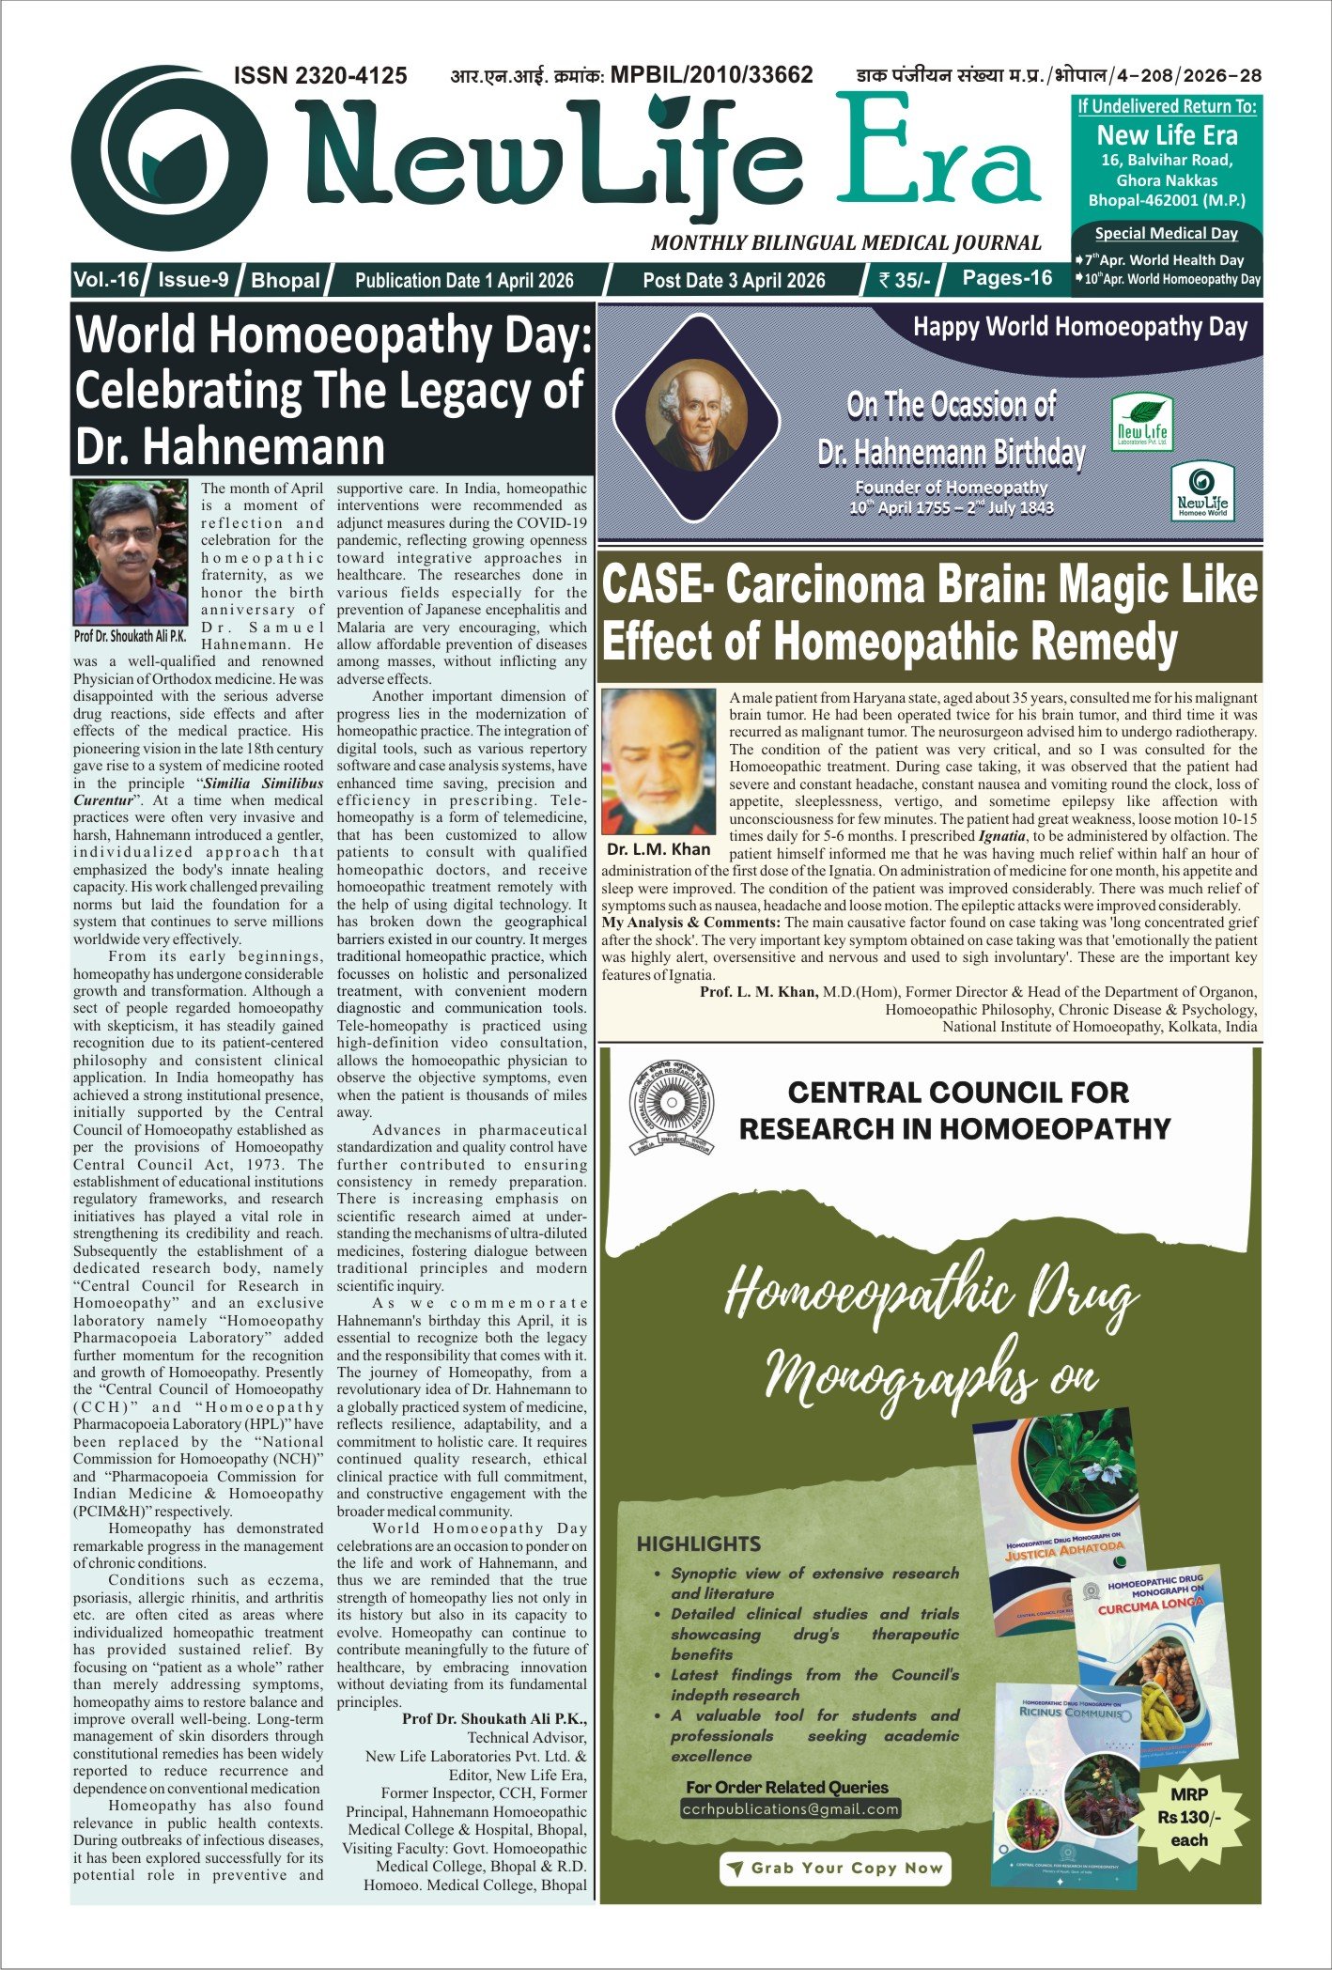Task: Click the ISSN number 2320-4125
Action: click(320, 75)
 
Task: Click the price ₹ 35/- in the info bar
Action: click(905, 280)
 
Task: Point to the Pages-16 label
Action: click(1007, 278)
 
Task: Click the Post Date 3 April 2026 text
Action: click(734, 280)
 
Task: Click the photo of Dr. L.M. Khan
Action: click(658, 761)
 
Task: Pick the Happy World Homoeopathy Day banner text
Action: click(1080, 328)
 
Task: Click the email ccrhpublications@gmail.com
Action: click(791, 1809)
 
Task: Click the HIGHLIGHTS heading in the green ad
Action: click(699, 1543)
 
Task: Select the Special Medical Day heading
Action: click(1167, 233)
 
